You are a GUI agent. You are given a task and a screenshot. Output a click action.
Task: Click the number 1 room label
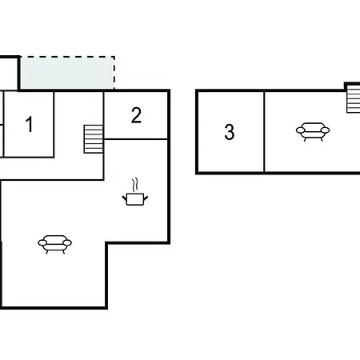point(29,124)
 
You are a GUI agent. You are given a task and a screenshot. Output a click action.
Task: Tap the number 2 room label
point(136,115)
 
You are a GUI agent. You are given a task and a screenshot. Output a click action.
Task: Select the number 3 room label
point(230,132)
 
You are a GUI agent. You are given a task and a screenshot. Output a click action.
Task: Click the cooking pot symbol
point(135,199)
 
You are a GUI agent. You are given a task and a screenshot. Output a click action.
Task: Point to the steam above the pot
point(135,185)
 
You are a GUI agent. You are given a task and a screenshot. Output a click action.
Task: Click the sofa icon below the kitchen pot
point(54,244)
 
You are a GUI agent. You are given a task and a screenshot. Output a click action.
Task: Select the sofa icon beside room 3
point(313,131)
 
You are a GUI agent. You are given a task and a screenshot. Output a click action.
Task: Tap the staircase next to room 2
point(94,139)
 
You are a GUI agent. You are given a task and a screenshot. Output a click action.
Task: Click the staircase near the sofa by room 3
point(354,101)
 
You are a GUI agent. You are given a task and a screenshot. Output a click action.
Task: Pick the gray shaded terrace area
point(67,73)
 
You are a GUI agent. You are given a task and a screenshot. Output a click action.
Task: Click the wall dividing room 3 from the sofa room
point(264,132)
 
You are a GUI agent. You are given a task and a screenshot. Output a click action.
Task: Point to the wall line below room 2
point(136,139)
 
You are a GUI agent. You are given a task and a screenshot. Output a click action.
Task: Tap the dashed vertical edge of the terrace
point(114,73)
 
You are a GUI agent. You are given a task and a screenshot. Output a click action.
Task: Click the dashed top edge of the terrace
point(67,57)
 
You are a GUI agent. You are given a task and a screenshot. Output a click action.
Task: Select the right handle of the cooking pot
point(146,198)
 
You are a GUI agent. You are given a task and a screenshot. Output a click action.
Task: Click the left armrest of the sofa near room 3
point(300,130)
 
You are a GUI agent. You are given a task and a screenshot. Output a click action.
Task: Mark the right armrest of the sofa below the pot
point(67,242)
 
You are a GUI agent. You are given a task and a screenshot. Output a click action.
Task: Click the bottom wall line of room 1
point(29,157)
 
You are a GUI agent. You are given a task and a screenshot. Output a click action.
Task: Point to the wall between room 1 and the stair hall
point(54,125)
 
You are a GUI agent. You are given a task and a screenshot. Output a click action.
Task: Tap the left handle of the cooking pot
point(125,198)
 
